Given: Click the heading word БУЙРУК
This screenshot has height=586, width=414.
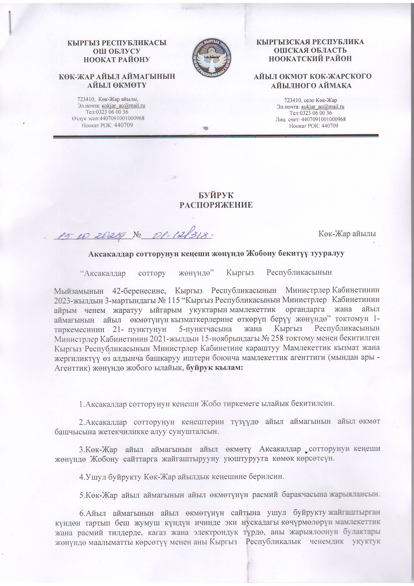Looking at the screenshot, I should click(x=216, y=195).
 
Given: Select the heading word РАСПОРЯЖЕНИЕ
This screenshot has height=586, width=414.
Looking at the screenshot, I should click(x=216, y=205).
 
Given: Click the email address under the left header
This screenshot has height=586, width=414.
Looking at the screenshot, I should click(x=124, y=106).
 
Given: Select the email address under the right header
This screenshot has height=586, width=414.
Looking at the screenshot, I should click(x=323, y=107).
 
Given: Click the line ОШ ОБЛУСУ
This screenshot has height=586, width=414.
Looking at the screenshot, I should click(x=117, y=51).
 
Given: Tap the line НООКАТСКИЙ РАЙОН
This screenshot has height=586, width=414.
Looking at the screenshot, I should click(x=310, y=59).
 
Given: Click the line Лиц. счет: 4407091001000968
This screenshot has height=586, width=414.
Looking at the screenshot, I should click(x=310, y=119).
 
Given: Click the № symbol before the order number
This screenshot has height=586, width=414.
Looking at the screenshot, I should click(x=137, y=234).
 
